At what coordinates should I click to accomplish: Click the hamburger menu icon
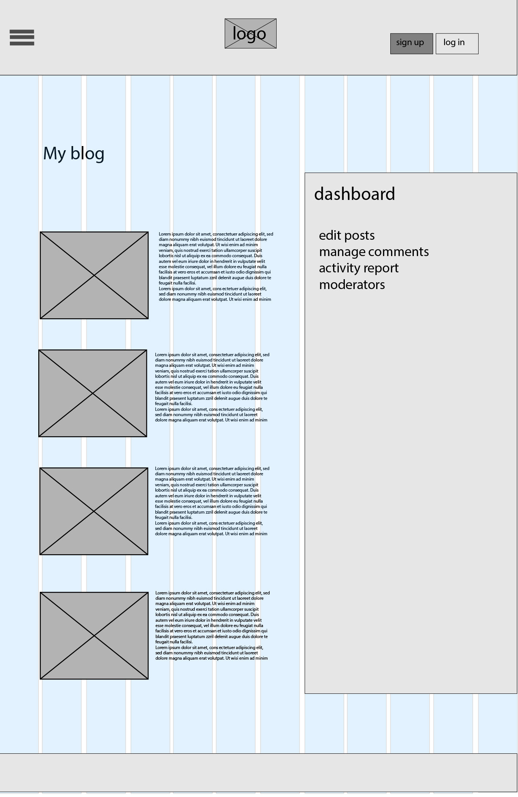[22, 38]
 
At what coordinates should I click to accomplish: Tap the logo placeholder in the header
[250, 33]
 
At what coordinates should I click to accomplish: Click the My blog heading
[74, 153]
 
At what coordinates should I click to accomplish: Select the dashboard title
[354, 194]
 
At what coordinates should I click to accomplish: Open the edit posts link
[347, 235]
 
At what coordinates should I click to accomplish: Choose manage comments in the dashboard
[374, 252]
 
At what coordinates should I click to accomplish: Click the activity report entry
[358, 268]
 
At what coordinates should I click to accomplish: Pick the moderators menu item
[352, 285]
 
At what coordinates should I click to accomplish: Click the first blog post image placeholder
[94, 275]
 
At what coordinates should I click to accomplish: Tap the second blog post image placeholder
[92, 393]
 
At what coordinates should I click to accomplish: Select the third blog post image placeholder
[94, 511]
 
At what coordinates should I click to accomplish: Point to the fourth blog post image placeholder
[94, 635]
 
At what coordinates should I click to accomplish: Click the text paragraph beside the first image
[215, 267]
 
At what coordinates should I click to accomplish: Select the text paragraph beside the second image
[211, 387]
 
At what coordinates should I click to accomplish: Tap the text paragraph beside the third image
[211, 501]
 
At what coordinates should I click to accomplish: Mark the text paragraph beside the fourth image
[212, 626]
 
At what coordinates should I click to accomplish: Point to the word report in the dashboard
[381, 269]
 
